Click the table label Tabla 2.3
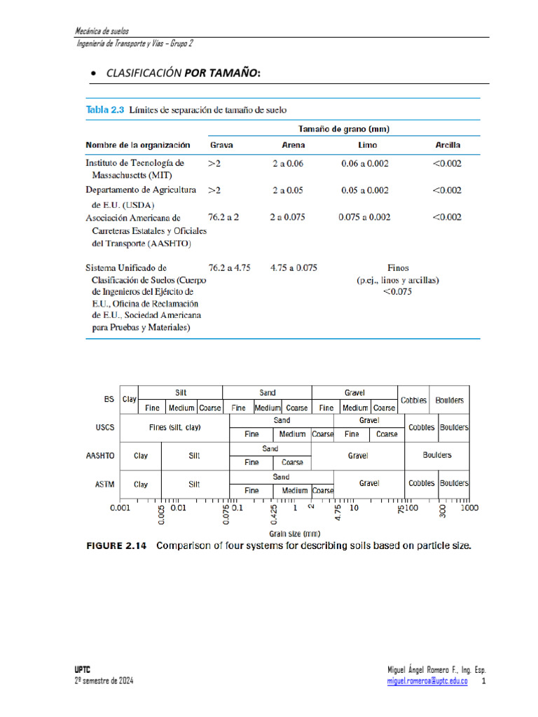[x=104, y=110]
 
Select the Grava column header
[x=221, y=145]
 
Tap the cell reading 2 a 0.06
[x=289, y=163]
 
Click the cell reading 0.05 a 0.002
[x=365, y=190]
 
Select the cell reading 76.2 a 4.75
[x=229, y=267]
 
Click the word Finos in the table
[x=398, y=267]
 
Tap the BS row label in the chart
[x=109, y=400]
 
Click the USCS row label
[x=105, y=427]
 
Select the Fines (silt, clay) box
[x=175, y=427]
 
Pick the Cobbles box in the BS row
[x=413, y=400]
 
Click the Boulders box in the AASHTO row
[x=437, y=455]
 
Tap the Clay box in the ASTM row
[x=141, y=483]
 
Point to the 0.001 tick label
[x=120, y=508]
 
